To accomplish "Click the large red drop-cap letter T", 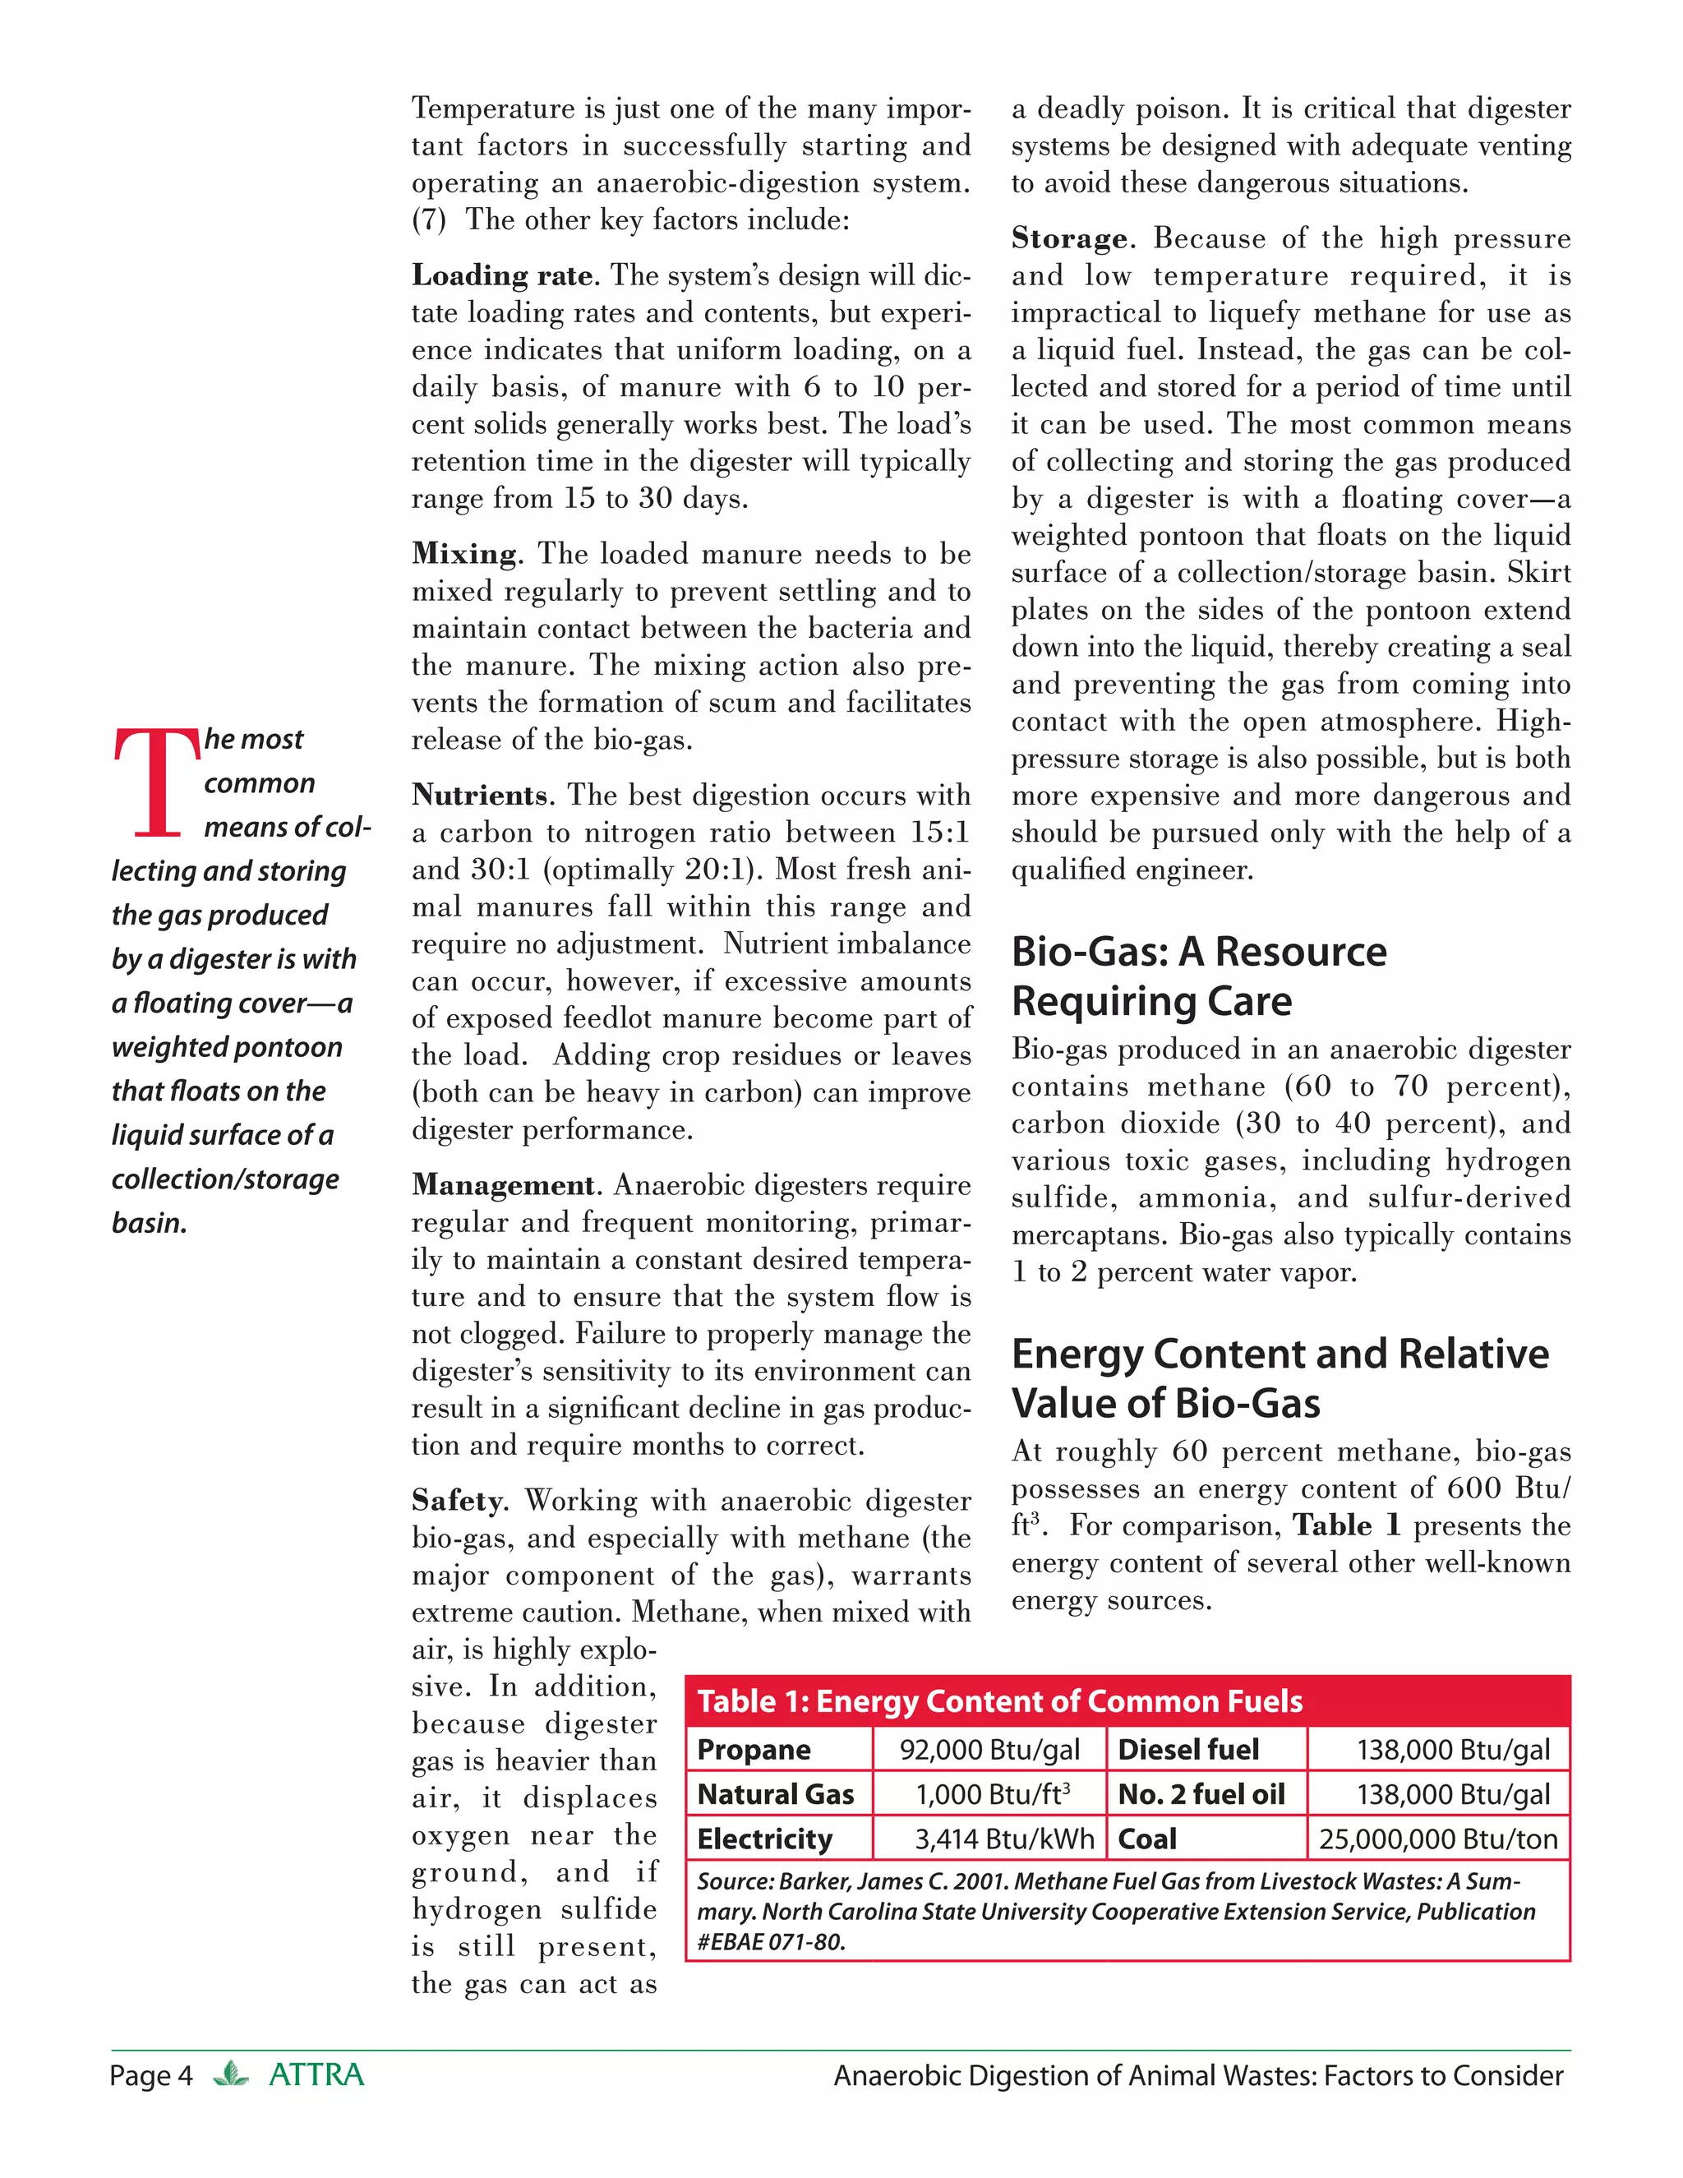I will [156, 782].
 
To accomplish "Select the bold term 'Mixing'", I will [464, 553].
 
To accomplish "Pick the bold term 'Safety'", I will [459, 1501].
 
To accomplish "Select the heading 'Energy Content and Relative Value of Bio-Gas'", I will [1280, 1378].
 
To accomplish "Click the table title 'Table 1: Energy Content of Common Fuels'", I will [999, 1701].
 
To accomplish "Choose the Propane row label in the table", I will [754, 1750].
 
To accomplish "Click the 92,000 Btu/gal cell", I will [989, 1750].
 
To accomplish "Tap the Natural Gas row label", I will [776, 1795].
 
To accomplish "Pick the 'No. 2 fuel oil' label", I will [1201, 1795].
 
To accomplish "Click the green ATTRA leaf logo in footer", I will [231, 2074].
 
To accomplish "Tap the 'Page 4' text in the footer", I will [150, 2075].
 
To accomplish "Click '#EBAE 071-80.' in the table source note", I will [771, 1941].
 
